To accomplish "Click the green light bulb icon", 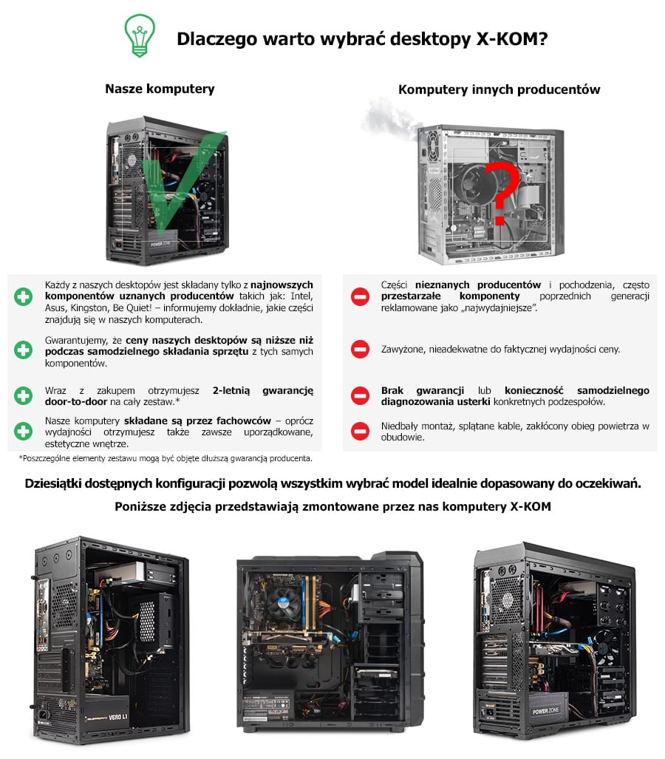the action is click(140, 35).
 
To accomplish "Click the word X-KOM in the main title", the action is click(512, 38).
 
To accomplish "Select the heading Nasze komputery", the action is click(160, 89).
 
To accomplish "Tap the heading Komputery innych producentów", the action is click(499, 89).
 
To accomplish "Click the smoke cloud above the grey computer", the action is click(389, 120).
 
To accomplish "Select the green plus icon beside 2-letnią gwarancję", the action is click(23, 395).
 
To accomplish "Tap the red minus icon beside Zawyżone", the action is click(360, 349).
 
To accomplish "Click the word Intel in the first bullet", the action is click(301, 296).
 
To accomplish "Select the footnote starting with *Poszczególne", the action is click(165, 458).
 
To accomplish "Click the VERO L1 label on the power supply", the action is click(118, 717).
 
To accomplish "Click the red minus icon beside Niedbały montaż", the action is click(360, 432).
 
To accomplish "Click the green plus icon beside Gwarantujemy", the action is click(23, 350).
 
